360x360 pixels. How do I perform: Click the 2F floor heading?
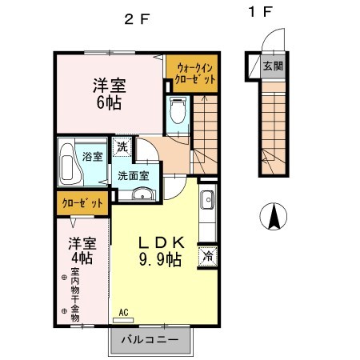tap(135, 21)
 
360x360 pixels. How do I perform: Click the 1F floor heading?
tap(265, 13)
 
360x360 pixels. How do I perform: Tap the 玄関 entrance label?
tap(274, 66)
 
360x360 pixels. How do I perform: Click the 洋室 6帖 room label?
tap(110, 93)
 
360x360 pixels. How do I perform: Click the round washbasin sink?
tap(142, 193)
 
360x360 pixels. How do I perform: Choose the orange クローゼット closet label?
tap(82, 204)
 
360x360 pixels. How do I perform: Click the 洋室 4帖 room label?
tap(81, 250)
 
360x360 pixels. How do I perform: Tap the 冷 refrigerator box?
tap(207, 256)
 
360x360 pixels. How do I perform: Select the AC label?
tap(124, 313)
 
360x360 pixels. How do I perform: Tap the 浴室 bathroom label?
tap(92, 157)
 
